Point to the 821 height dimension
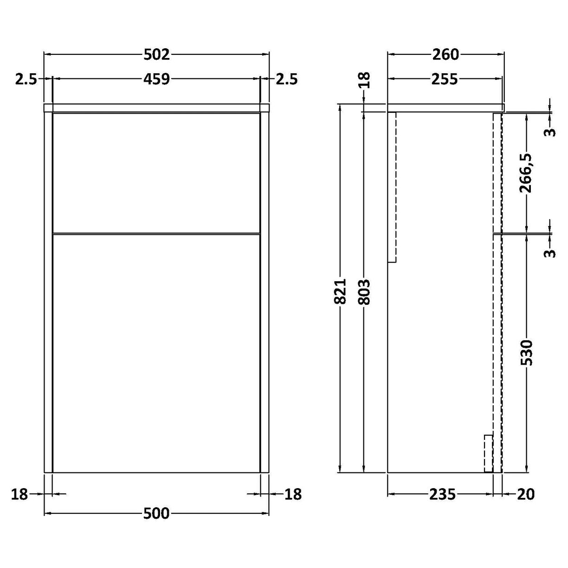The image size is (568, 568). [341, 291]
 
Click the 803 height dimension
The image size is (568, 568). [364, 291]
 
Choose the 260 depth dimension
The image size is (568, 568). [445, 55]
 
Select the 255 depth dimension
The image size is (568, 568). [444, 79]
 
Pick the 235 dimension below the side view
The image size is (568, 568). [441, 494]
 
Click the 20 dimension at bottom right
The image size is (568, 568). [525, 494]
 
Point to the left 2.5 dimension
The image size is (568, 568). [26, 79]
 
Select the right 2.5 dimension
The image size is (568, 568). [286, 79]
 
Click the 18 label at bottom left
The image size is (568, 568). [20, 494]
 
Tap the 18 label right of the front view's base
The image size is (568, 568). [293, 494]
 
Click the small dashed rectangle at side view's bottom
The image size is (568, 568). [488, 453]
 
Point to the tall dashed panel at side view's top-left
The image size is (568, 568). [392, 187]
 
